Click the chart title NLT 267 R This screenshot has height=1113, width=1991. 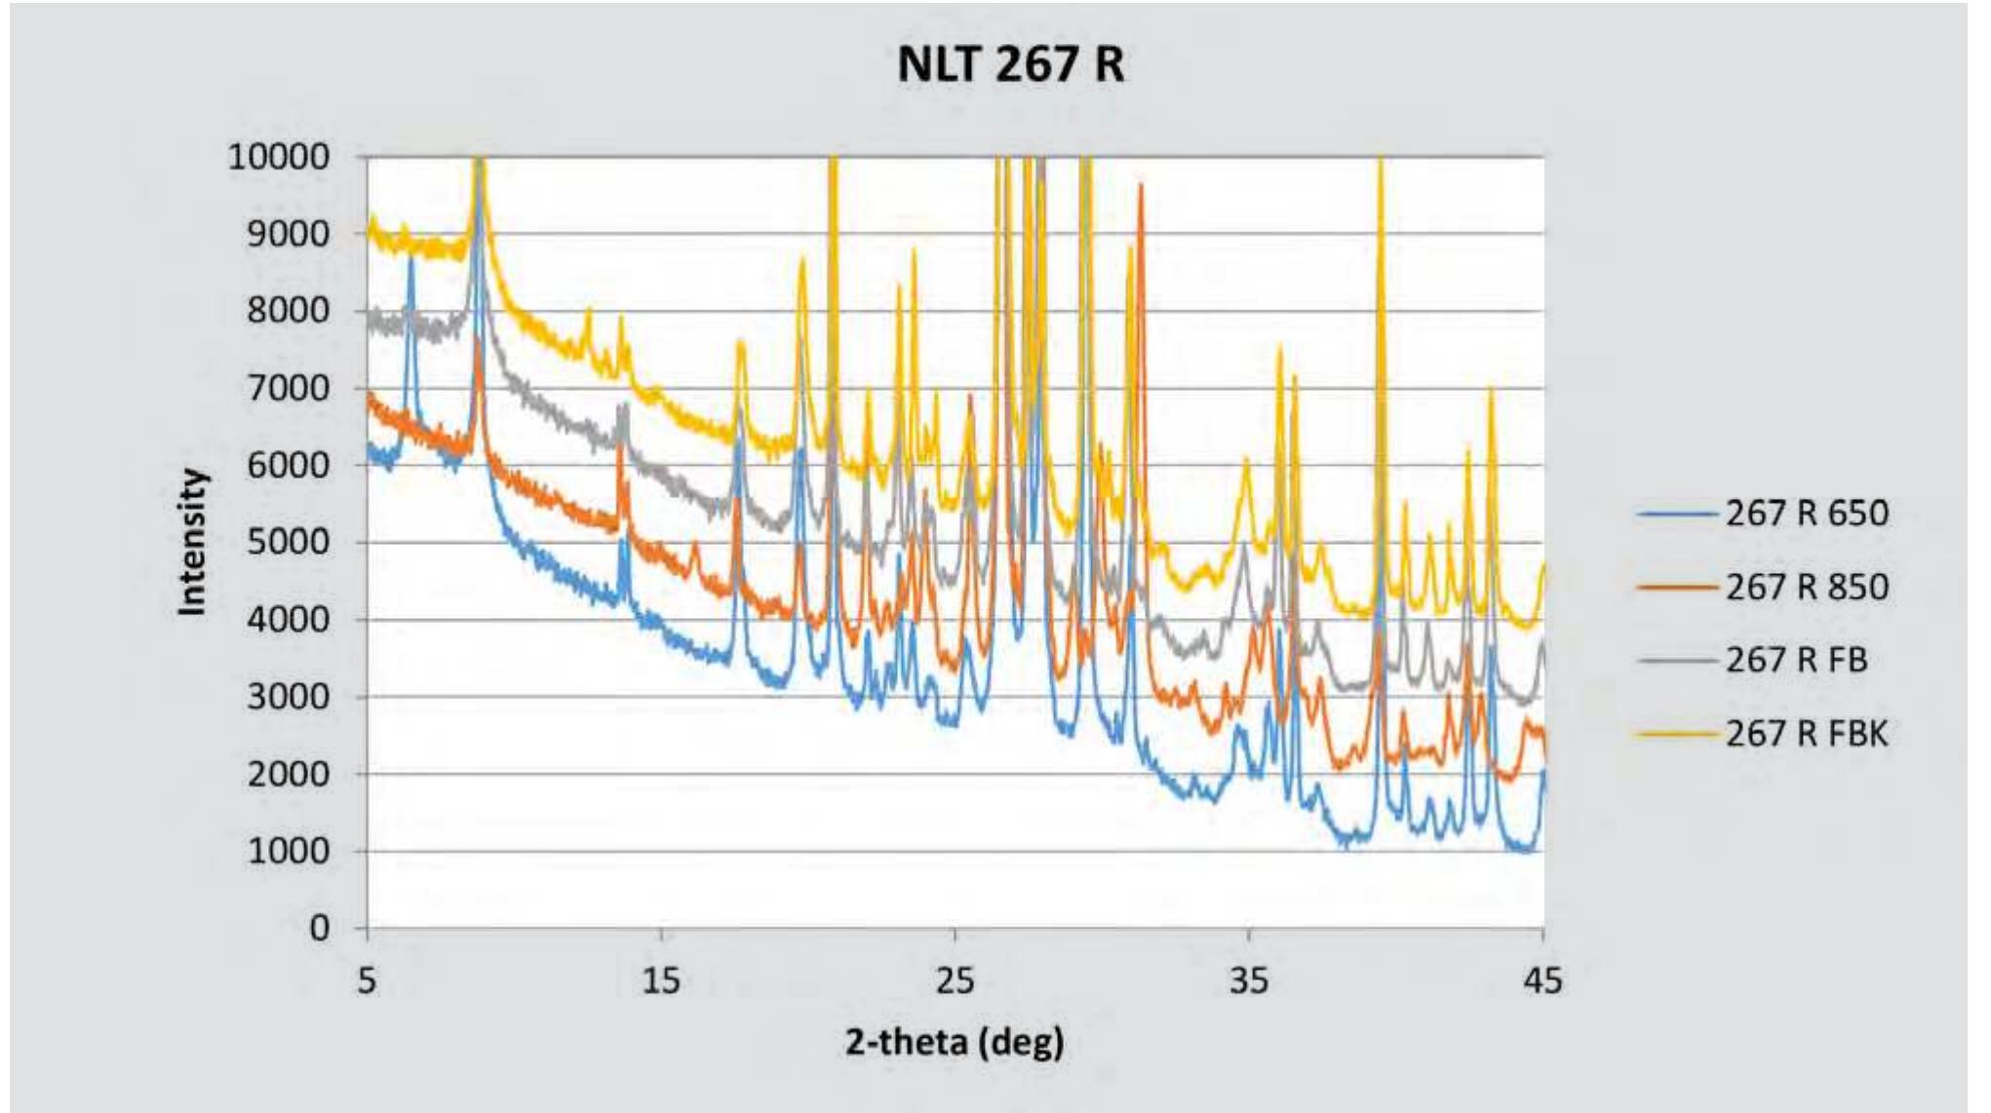(x=1010, y=64)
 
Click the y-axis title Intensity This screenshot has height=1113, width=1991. (x=193, y=542)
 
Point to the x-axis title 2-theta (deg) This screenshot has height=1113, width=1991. (x=954, y=1043)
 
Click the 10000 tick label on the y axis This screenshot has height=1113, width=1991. (x=279, y=156)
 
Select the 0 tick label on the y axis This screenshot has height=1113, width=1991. (x=319, y=928)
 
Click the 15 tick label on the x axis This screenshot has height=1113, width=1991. (x=661, y=979)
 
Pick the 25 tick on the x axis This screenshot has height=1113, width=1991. (x=955, y=979)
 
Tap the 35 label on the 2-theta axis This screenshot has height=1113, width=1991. (x=1249, y=979)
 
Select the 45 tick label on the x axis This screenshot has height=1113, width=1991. (x=1542, y=979)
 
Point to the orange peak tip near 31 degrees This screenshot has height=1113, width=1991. (x=1140, y=184)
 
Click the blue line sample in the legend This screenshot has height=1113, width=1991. (x=1676, y=514)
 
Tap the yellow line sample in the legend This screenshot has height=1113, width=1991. (x=1676, y=733)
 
